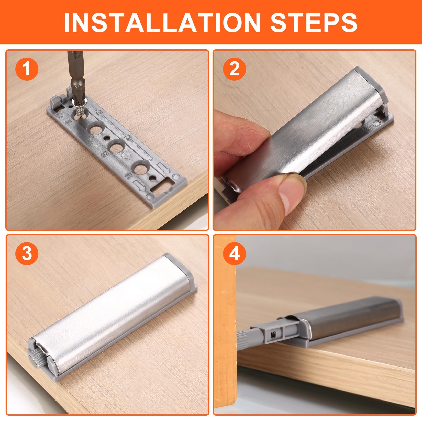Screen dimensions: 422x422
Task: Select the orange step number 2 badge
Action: pos(234,69)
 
